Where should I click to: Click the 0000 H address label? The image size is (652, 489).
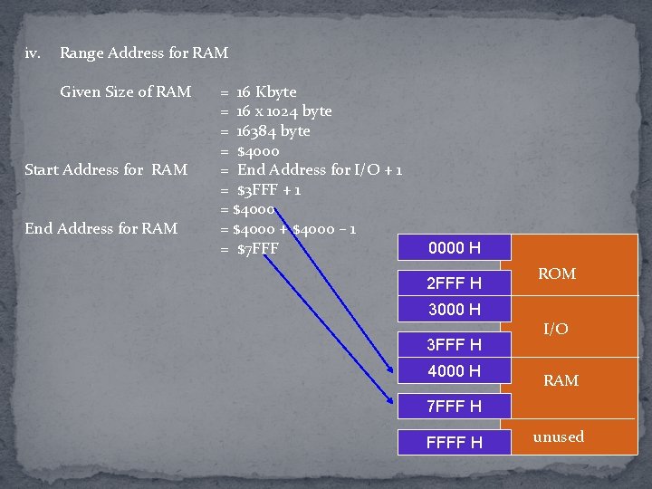455,248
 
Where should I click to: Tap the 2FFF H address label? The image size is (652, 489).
455,283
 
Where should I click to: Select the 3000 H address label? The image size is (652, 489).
455,310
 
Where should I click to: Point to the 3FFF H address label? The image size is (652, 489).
455,344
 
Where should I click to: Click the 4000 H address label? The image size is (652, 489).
455,370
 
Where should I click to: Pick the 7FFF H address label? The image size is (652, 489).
455,406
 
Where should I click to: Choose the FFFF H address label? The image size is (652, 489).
455,442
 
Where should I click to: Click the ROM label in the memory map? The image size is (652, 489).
557,273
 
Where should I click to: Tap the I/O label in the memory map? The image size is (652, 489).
556,329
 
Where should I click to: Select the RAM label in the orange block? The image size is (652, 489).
561,380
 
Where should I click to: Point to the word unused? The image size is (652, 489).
559,436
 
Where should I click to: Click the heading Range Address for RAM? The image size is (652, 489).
144,53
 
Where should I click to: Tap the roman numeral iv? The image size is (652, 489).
34,53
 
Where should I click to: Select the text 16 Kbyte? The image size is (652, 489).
266,91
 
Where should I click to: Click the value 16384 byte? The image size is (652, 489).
273,130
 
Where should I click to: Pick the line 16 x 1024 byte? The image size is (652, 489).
284,110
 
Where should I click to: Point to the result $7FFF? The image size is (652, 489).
258,248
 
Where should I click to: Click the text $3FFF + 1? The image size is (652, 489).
269,189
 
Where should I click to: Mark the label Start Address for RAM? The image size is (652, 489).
106,169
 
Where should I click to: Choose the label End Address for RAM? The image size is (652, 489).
101,228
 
